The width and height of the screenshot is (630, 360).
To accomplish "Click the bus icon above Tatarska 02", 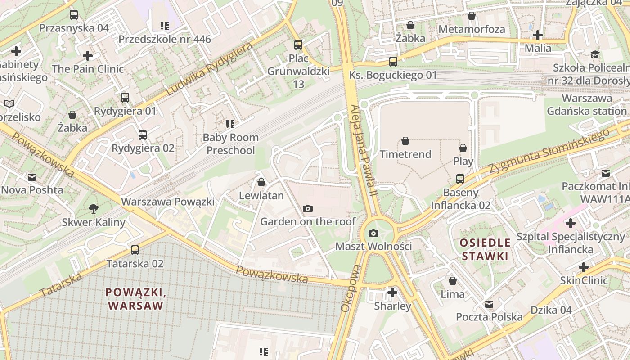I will [x=135, y=250].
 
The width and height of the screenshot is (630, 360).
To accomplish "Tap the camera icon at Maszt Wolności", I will [x=373, y=233].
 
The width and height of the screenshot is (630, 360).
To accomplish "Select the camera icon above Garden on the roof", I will [x=308, y=208].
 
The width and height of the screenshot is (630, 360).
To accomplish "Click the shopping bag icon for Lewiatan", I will [x=261, y=182].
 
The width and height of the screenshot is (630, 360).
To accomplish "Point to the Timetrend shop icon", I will [x=405, y=141].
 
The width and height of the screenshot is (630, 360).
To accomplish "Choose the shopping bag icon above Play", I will [x=463, y=148].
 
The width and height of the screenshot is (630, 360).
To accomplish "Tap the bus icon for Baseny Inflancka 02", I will [x=460, y=179].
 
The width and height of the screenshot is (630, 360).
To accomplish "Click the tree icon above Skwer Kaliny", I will [x=94, y=208].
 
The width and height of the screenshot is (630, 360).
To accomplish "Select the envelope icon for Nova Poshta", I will [x=31, y=177].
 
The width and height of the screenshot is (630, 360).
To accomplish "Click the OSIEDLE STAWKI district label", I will [x=485, y=250].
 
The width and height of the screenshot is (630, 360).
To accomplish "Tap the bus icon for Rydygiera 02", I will [x=143, y=135].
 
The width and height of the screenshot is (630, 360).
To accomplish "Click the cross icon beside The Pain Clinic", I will [x=88, y=56].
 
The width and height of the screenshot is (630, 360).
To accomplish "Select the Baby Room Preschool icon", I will [x=230, y=124].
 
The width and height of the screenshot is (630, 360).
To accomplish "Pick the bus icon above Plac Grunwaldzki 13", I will [x=298, y=45].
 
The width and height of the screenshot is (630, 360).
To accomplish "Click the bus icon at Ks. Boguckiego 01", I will [x=393, y=62].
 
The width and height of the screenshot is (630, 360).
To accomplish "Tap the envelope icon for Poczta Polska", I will [x=489, y=304].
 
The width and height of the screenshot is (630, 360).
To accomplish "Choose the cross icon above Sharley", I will [x=392, y=292].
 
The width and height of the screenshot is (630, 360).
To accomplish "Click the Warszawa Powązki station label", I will [x=168, y=202].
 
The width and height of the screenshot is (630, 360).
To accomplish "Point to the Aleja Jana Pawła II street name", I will [x=363, y=150].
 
